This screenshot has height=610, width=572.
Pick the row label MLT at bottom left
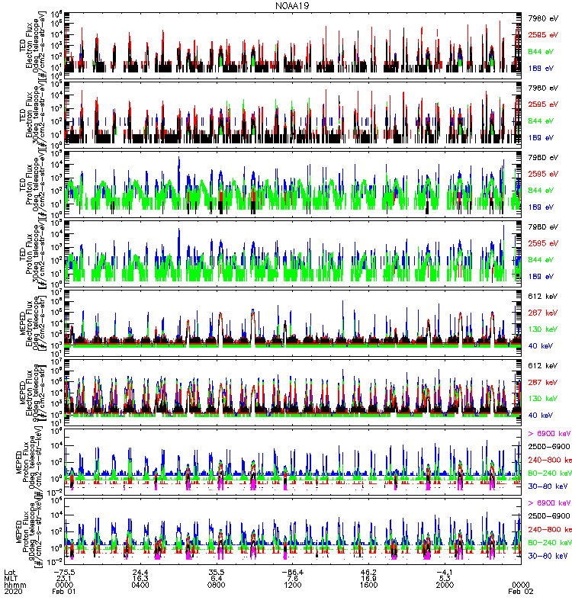[x=11, y=577]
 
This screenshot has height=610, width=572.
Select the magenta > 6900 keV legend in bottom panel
[x=548, y=503]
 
